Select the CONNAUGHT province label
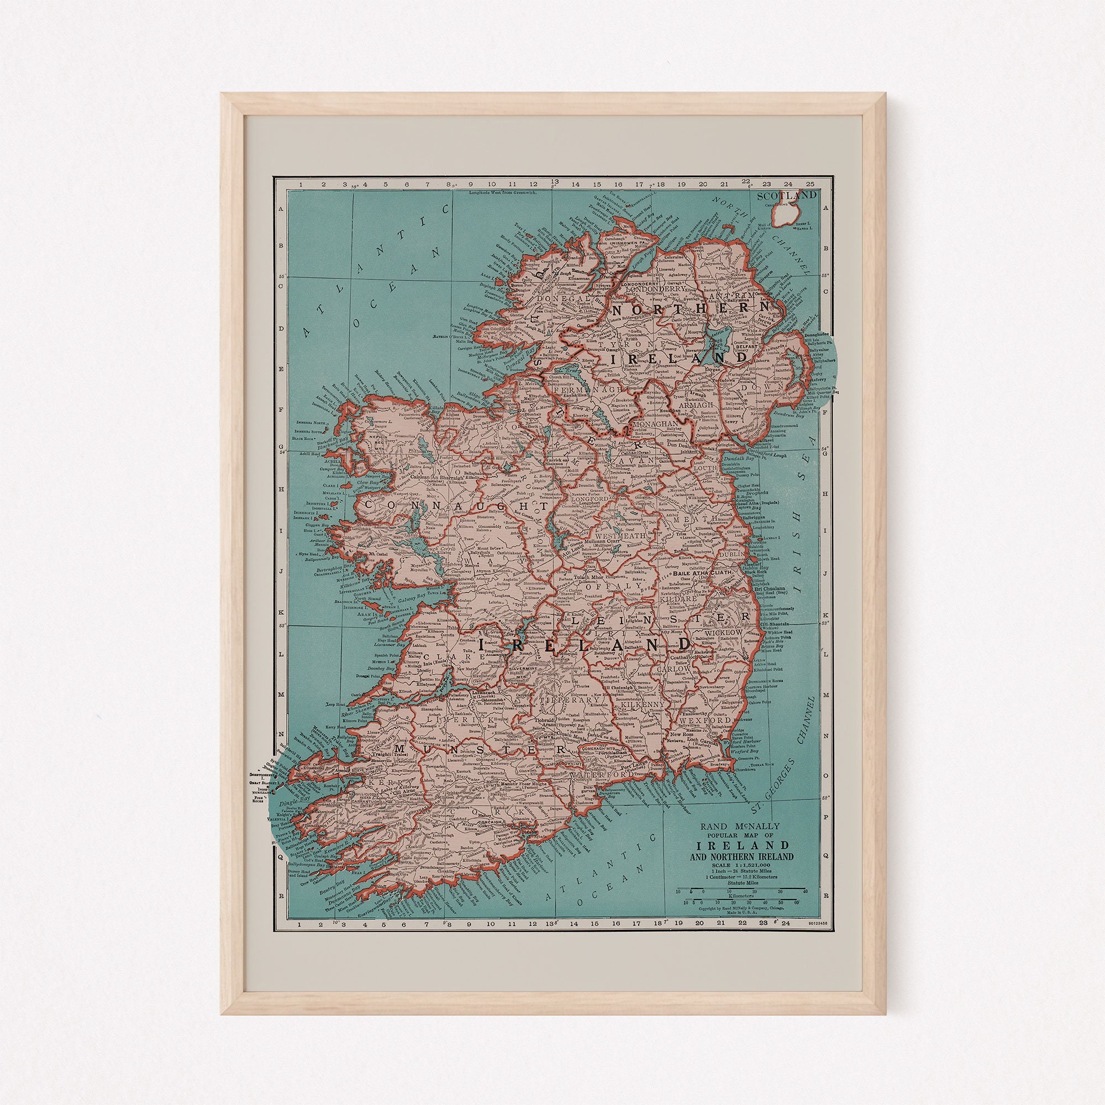[455, 506]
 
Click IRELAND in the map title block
[743, 846]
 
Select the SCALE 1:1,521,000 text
[742, 866]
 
